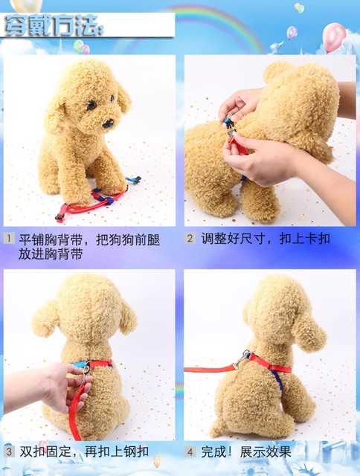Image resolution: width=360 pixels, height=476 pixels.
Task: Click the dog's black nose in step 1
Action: (108, 123)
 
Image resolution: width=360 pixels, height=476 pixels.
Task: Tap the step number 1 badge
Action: (9, 238)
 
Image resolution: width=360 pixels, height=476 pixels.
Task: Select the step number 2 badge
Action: (190, 238)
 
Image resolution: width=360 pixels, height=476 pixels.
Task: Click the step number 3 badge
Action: (9, 451)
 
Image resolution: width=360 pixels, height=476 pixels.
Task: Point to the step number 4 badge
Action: (190, 452)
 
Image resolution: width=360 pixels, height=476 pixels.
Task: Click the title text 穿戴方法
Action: (53, 26)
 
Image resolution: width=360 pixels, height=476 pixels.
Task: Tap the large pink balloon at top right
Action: (334, 36)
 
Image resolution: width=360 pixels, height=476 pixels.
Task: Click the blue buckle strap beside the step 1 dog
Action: (134, 180)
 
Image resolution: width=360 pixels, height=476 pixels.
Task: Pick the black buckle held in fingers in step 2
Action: (228, 123)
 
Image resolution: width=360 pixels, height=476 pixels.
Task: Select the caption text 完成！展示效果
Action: (246, 452)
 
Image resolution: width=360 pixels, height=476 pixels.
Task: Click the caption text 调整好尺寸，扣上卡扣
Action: (266, 239)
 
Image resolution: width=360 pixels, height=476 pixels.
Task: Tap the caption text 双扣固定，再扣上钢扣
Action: (84, 451)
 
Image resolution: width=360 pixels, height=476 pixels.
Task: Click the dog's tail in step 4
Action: (216, 428)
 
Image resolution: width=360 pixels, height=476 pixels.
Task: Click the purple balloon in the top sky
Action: (292, 33)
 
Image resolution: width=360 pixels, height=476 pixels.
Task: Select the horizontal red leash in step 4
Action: (210, 370)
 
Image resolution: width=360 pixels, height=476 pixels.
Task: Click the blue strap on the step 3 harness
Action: (80, 364)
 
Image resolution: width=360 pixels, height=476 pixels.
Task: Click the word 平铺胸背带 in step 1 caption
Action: (51, 240)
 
